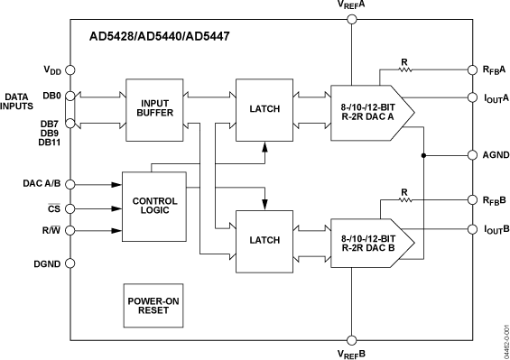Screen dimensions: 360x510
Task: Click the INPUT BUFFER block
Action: click(x=154, y=108)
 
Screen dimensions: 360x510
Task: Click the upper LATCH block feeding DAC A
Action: click(x=264, y=109)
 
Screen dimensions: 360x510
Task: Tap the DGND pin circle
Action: click(x=70, y=263)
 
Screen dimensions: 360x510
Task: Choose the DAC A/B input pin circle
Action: click(x=70, y=184)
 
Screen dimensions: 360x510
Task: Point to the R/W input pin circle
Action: click(x=70, y=230)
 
